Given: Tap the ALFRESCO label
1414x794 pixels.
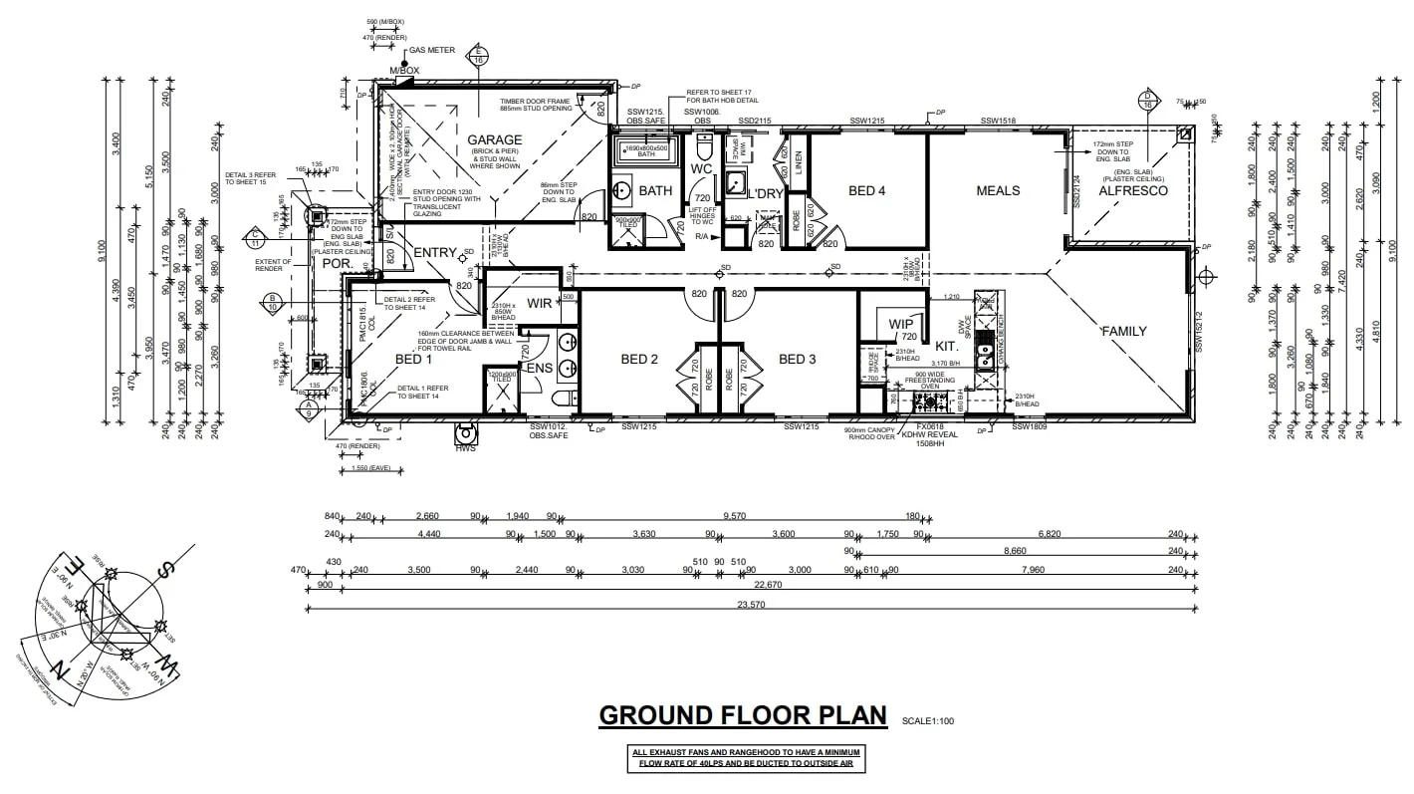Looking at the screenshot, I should pyautogui.click(x=1132, y=190).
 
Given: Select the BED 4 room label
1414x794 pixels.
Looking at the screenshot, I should pyautogui.click(x=866, y=190).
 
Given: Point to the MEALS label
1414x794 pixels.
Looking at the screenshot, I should pyautogui.click(x=998, y=190).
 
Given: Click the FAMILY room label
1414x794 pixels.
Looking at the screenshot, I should pyautogui.click(x=1123, y=331).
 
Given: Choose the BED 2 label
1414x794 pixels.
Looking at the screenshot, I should pyautogui.click(x=640, y=359).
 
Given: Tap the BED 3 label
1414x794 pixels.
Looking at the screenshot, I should pyautogui.click(x=798, y=359).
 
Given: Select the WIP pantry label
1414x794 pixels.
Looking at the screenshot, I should pyautogui.click(x=901, y=324).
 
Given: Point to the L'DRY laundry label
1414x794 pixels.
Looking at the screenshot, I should pyautogui.click(x=766, y=192).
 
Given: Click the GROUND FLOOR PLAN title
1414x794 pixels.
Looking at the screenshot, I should pyautogui.click(x=742, y=715).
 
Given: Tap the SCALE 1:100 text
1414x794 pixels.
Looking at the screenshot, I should pyautogui.click(x=927, y=720).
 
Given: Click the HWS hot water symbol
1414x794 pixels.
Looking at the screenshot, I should pyautogui.click(x=465, y=435).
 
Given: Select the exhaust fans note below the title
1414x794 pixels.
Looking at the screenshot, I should pyautogui.click(x=744, y=758).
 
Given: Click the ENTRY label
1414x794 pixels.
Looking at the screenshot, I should pyautogui.click(x=434, y=252).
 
